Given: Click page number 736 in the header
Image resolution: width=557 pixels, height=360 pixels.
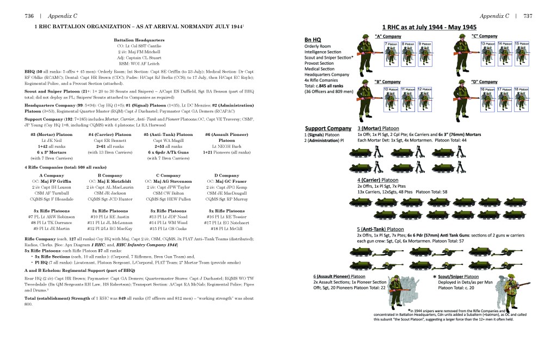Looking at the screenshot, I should [x=26, y=16].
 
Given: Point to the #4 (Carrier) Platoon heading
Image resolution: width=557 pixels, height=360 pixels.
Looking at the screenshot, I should [x=110, y=134].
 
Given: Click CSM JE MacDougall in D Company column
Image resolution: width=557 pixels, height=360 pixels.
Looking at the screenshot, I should [x=223, y=194].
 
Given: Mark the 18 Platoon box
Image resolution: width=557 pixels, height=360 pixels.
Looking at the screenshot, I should [x=520, y=88].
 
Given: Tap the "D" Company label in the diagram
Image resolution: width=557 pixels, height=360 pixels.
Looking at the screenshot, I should [x=482, y=82].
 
